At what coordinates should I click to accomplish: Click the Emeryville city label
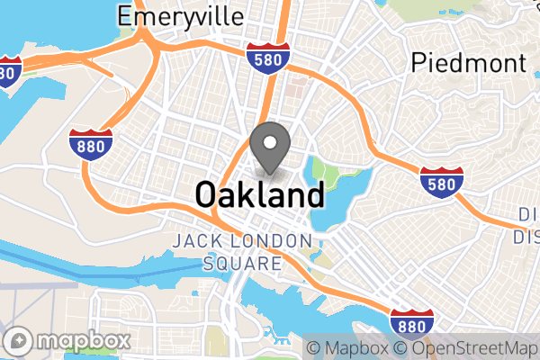pyautogui.click(x=180, y=15)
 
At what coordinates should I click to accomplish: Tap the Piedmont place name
pyautogui.click(x=467, y=62)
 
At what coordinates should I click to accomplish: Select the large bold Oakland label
pyautogui.click(x=259, y=194)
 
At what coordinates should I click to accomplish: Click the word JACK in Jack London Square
pyautogui.click(x=197, y=241)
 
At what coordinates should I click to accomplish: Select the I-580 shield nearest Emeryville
pyautogui.click(x=269, y=57)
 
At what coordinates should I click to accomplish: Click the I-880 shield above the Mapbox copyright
pyautogui.click(x=413, y=321)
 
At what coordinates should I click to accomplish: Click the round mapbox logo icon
pyautogui.click(x=20, y=341)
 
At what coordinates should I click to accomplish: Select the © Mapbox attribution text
pyautogui.click(x=346, y=348)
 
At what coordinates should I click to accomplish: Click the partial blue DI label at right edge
pyautogui.click(x=529, y=226)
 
